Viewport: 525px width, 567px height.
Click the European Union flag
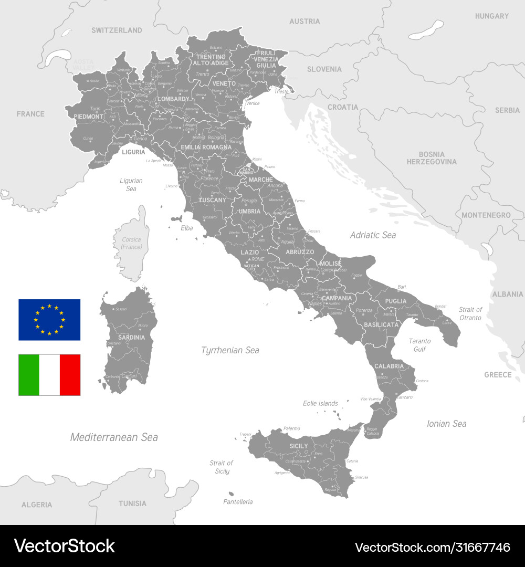[x=49, y=320]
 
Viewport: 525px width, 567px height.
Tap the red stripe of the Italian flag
[x=70, y=375]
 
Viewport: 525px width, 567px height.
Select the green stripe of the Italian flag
[x=29, y=375]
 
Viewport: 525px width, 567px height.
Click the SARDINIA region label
[x=131, y=338]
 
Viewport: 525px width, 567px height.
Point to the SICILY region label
[x=299, y=446]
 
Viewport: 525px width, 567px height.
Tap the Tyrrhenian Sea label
[x=230, y=350]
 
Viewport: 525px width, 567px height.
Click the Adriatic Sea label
[x=373, y=235]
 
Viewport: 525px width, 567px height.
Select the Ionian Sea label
[x=446, y=424]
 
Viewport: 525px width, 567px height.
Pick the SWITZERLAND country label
[x=117, y=30]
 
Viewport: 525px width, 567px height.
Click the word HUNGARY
[x=492, y=16]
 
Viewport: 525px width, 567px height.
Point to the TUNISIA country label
[x=132, y=503]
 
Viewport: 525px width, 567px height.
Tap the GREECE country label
[x=498, y=375]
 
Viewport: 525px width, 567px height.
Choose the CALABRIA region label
[x=389, y=366]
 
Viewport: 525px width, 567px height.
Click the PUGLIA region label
[x=396, y=301]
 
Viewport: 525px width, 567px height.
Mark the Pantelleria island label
[x=238, y=502]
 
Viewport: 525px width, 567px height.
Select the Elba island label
[x=187, y=228]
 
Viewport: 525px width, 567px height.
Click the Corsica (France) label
[x=131, y=243]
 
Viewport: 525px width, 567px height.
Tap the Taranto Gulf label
[x=419, y=345]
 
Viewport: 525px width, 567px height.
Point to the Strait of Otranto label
[x=470, y=313]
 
